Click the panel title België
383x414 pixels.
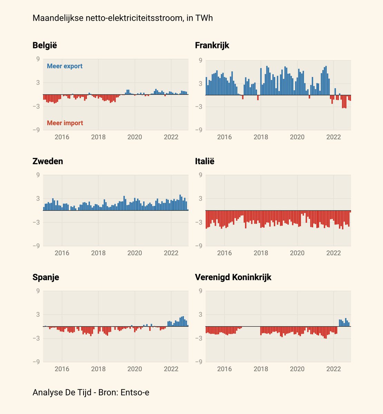pyautogui.click(x=45, y=45)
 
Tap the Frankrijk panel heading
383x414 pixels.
pyautogui.click(x=212, y=45)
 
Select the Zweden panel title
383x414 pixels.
pyautogui.click(x=48, y=161)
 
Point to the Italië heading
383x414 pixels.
pyautogui.click(x=205, y=161)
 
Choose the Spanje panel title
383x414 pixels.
pyautogui.click(x=46, y=277)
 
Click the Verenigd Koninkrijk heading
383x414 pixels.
pyautogui.click(x=233, y=277)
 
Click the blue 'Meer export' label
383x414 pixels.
pyautogui.click(x=65, y=66)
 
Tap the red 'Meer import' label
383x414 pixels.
pyautogui.click(x=65, y=123)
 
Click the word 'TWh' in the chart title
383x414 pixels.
pyautogui.click(x=204, y=18)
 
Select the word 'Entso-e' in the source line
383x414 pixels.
pyautogui.click(x=135, y=392)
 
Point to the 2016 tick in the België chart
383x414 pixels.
pyautogui.click(x=62, y=137)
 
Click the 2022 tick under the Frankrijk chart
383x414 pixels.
pyautogui.click(x=333, y=137)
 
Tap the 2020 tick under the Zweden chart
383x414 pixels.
pyautogui.click(x=135, y=253)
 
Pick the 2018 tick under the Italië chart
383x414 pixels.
pyautogui.click(x=261, y=253)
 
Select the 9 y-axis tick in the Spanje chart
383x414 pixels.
pyautogui.click(x=38, y=291)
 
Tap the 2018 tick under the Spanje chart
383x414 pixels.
pyautogui.click(x=98, y=369)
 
